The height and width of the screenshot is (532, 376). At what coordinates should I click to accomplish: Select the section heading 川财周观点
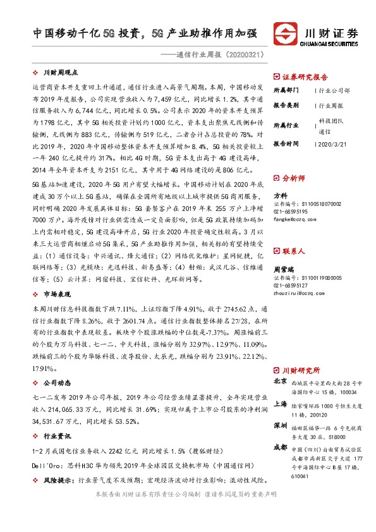point(61,74)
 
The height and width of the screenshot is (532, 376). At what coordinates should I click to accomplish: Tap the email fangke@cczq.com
point(294,219)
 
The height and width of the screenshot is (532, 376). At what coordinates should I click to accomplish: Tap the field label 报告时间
point(286,145)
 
